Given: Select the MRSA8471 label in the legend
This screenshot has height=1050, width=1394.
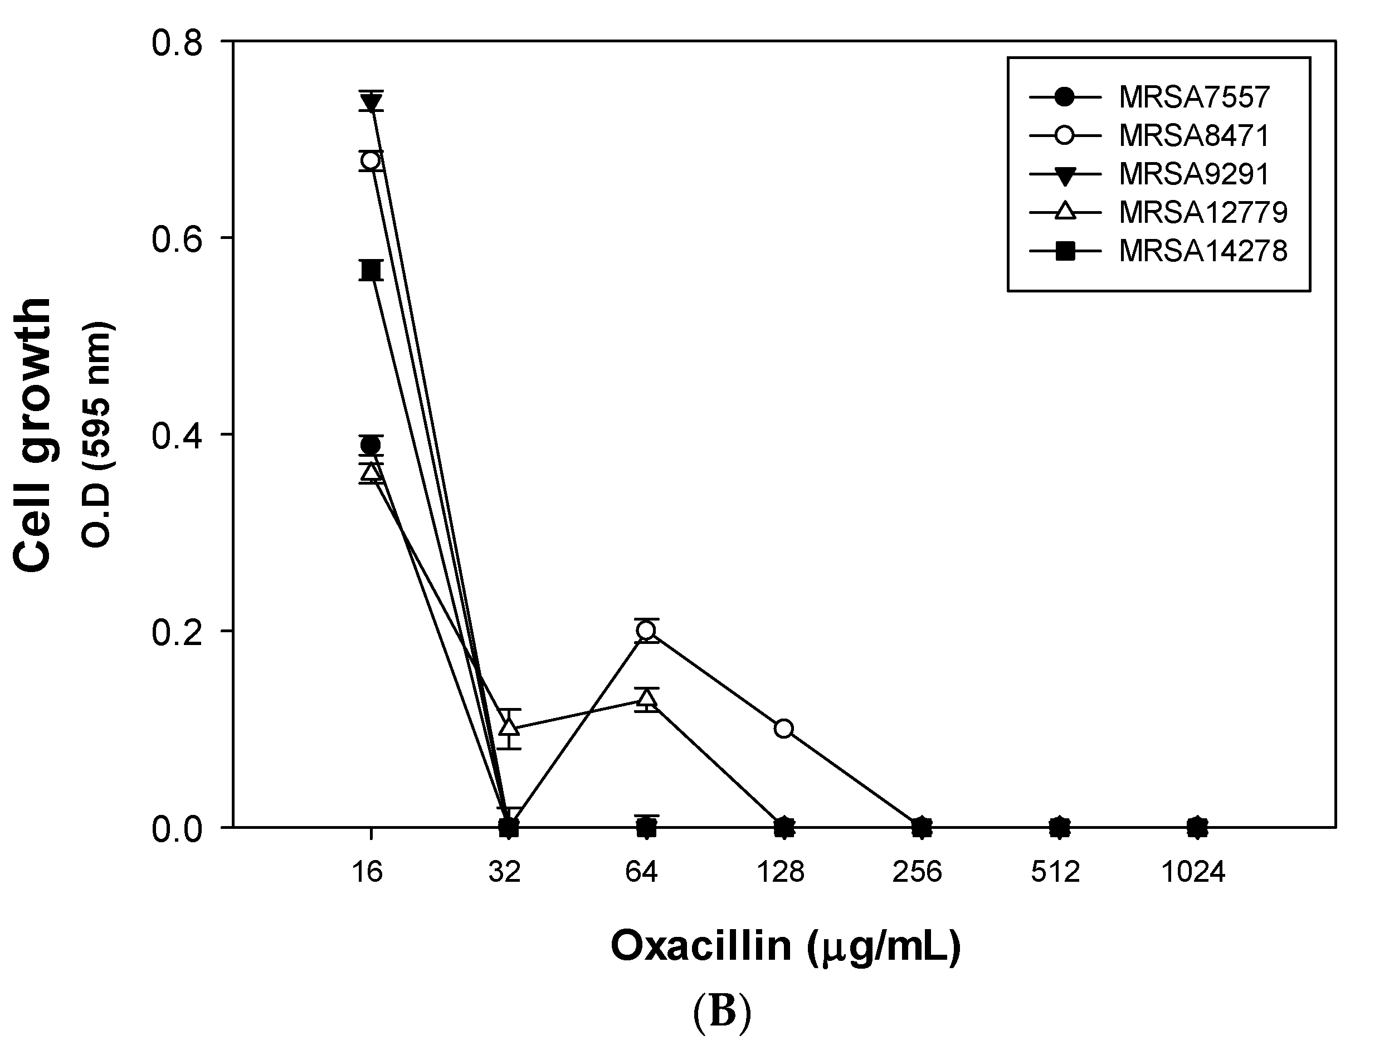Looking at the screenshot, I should [1193, 136].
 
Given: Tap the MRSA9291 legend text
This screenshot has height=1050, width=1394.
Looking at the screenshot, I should [1193, 174].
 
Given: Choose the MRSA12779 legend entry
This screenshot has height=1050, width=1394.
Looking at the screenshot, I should [1202, 213].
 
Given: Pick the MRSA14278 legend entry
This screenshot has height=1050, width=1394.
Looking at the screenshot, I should [1202, 251].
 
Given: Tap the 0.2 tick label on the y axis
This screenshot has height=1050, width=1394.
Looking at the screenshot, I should [177, 632].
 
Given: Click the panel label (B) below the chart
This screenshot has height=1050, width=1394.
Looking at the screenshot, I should [722, 1013].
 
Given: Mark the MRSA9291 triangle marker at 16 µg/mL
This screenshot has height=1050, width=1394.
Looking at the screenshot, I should [371, 102].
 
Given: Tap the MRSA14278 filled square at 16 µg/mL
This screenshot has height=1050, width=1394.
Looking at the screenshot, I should [371, 270].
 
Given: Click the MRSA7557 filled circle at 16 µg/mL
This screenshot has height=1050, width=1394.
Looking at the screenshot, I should [371, 445].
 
